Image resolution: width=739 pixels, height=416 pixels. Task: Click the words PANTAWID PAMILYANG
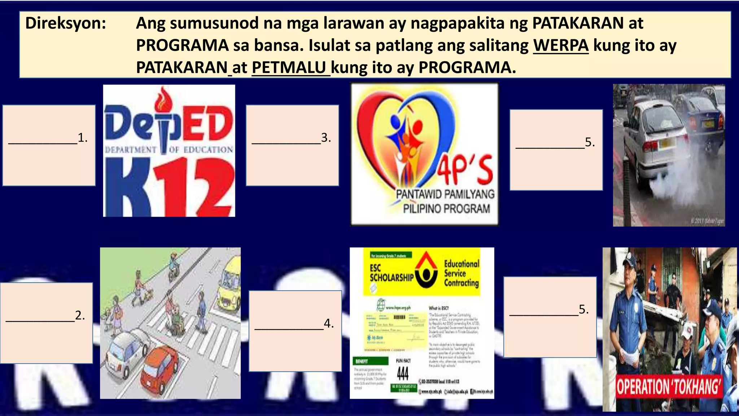[445, 194]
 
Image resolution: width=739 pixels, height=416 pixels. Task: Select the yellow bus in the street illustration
[229, 285]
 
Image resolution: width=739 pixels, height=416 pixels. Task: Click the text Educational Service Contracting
[462, 273]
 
